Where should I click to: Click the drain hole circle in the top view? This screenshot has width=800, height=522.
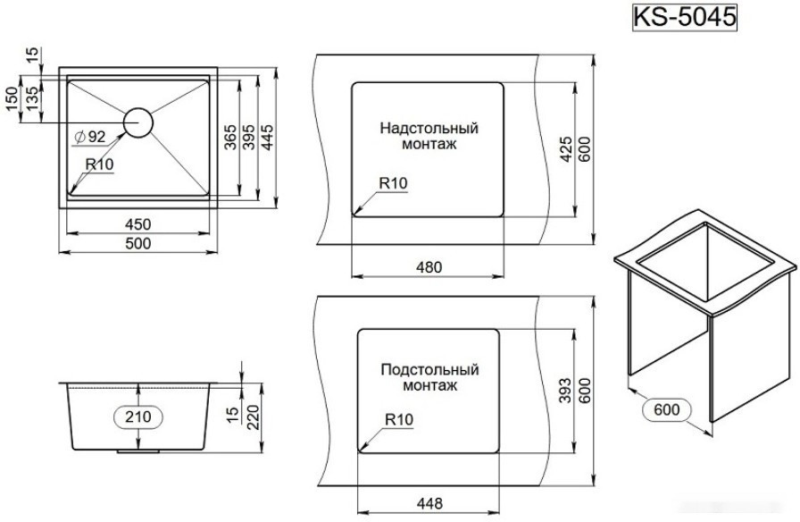[138, 122]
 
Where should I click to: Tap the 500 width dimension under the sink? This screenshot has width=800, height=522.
[138, 243]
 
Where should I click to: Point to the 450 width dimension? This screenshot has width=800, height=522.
[138, 223]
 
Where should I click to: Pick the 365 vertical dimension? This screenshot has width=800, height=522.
[230, 139]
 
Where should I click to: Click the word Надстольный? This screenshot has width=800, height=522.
[429, 128]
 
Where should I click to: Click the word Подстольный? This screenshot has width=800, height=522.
[429, 369]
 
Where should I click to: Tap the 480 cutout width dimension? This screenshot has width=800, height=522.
[430, 265]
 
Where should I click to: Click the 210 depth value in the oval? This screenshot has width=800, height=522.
[137, 417]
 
